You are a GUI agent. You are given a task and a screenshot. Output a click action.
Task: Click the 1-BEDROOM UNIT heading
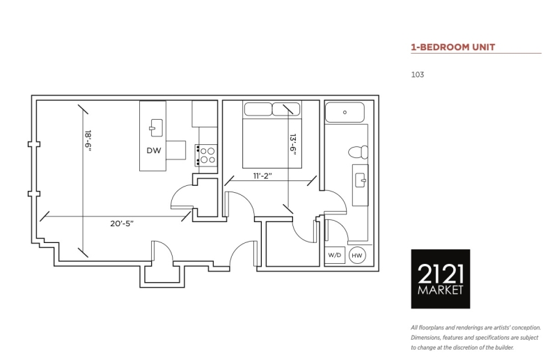coord(452,47)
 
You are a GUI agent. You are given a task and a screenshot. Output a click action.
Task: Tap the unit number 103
coord(417,75)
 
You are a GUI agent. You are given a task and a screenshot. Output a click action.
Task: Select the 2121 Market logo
coord(441,279)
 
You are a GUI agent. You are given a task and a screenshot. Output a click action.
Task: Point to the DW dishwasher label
coord(154,150)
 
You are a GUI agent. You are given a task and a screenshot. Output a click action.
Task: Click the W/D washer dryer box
coord(335,255)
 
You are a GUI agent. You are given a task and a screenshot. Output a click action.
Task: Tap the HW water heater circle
coord(357,256)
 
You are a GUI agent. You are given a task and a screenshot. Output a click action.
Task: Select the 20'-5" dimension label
coord(122,224)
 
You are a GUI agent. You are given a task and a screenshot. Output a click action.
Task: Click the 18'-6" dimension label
coord(88,141)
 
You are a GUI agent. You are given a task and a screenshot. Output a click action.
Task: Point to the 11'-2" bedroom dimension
coord(262,176)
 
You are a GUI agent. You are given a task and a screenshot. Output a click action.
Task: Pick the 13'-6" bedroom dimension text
coord(293,144)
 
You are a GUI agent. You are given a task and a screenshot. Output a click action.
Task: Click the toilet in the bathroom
coord(358,152)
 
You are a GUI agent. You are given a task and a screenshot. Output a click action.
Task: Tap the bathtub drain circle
coord(345,112)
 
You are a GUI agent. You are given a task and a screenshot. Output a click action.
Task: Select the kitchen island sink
coord(156,128)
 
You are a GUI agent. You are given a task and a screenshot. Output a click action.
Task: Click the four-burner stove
coord(206,155)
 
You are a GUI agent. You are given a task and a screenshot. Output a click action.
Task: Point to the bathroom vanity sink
coord(361,180)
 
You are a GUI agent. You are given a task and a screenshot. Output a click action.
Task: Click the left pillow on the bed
coord(258,109)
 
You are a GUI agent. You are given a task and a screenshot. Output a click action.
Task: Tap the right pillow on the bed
coord(286,109)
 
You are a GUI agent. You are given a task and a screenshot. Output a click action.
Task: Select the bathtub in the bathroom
coord(345,112)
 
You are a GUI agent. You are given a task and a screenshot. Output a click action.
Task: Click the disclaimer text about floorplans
coord(475,338)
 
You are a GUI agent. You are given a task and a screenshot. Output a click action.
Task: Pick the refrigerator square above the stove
coord(205,114)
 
